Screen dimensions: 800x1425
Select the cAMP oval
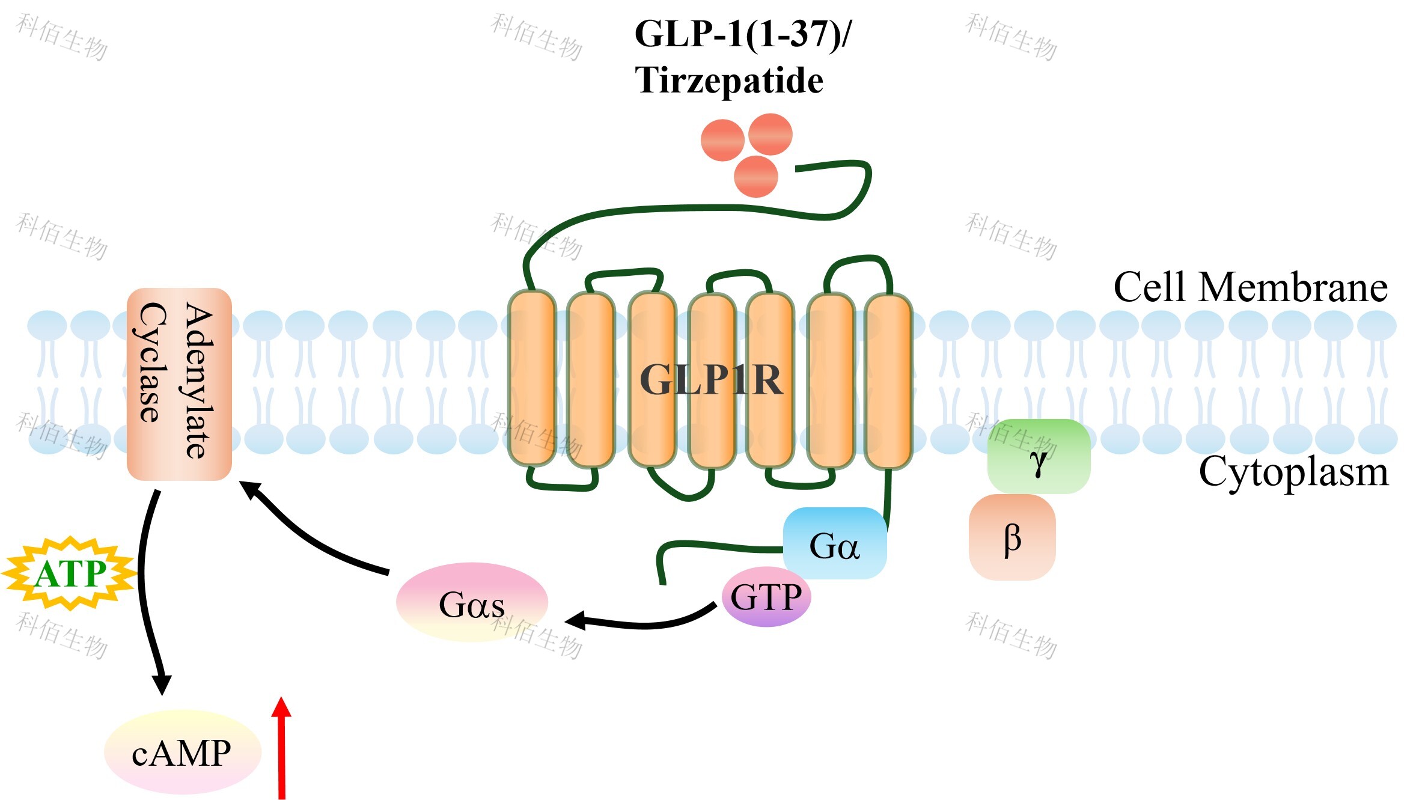point(182,752)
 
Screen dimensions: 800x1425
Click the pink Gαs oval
point(472,603)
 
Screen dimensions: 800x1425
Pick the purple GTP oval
point(766,597)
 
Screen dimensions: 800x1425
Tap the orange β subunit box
point(1012,537)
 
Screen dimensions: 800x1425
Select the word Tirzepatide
point(728,81)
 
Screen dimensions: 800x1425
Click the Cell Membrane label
point(1250,287)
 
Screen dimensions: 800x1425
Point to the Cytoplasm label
point(1293,472)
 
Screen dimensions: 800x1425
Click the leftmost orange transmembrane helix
point(531,377)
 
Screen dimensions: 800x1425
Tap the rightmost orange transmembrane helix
point(888,380)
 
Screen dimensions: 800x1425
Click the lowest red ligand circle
point(756,177)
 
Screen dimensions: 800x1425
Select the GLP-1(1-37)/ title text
point(743,34)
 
